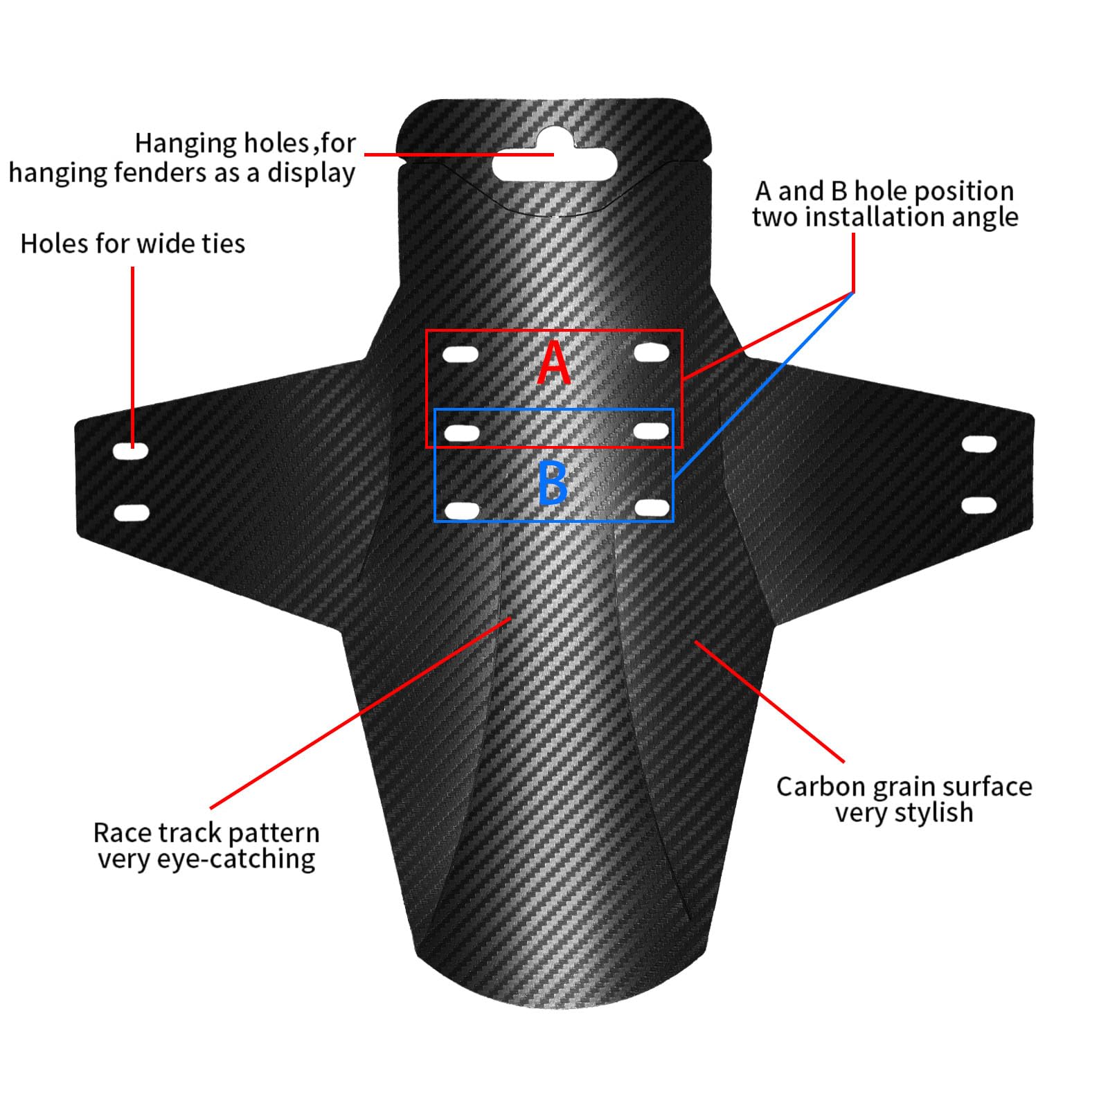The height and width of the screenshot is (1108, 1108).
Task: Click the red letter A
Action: tap(554, 362)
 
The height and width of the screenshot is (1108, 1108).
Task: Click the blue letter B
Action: tap(553, 483)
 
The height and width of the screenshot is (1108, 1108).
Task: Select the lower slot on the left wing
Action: tap(132, 513)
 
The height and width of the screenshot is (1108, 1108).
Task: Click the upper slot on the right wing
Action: tap(979, 444)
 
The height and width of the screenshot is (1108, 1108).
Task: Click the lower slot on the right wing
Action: tap(979, 505)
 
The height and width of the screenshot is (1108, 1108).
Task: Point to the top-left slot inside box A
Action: tap(461, 355)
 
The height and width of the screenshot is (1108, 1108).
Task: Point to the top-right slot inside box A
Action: tap(652, 352)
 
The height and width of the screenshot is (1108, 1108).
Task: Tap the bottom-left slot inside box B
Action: tap(462, 512)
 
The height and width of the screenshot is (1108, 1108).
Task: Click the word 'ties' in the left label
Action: tap(223, 243)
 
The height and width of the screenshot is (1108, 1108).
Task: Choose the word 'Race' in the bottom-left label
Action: tap(120, 832)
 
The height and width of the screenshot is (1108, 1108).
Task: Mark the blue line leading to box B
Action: tap(764, 385)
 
